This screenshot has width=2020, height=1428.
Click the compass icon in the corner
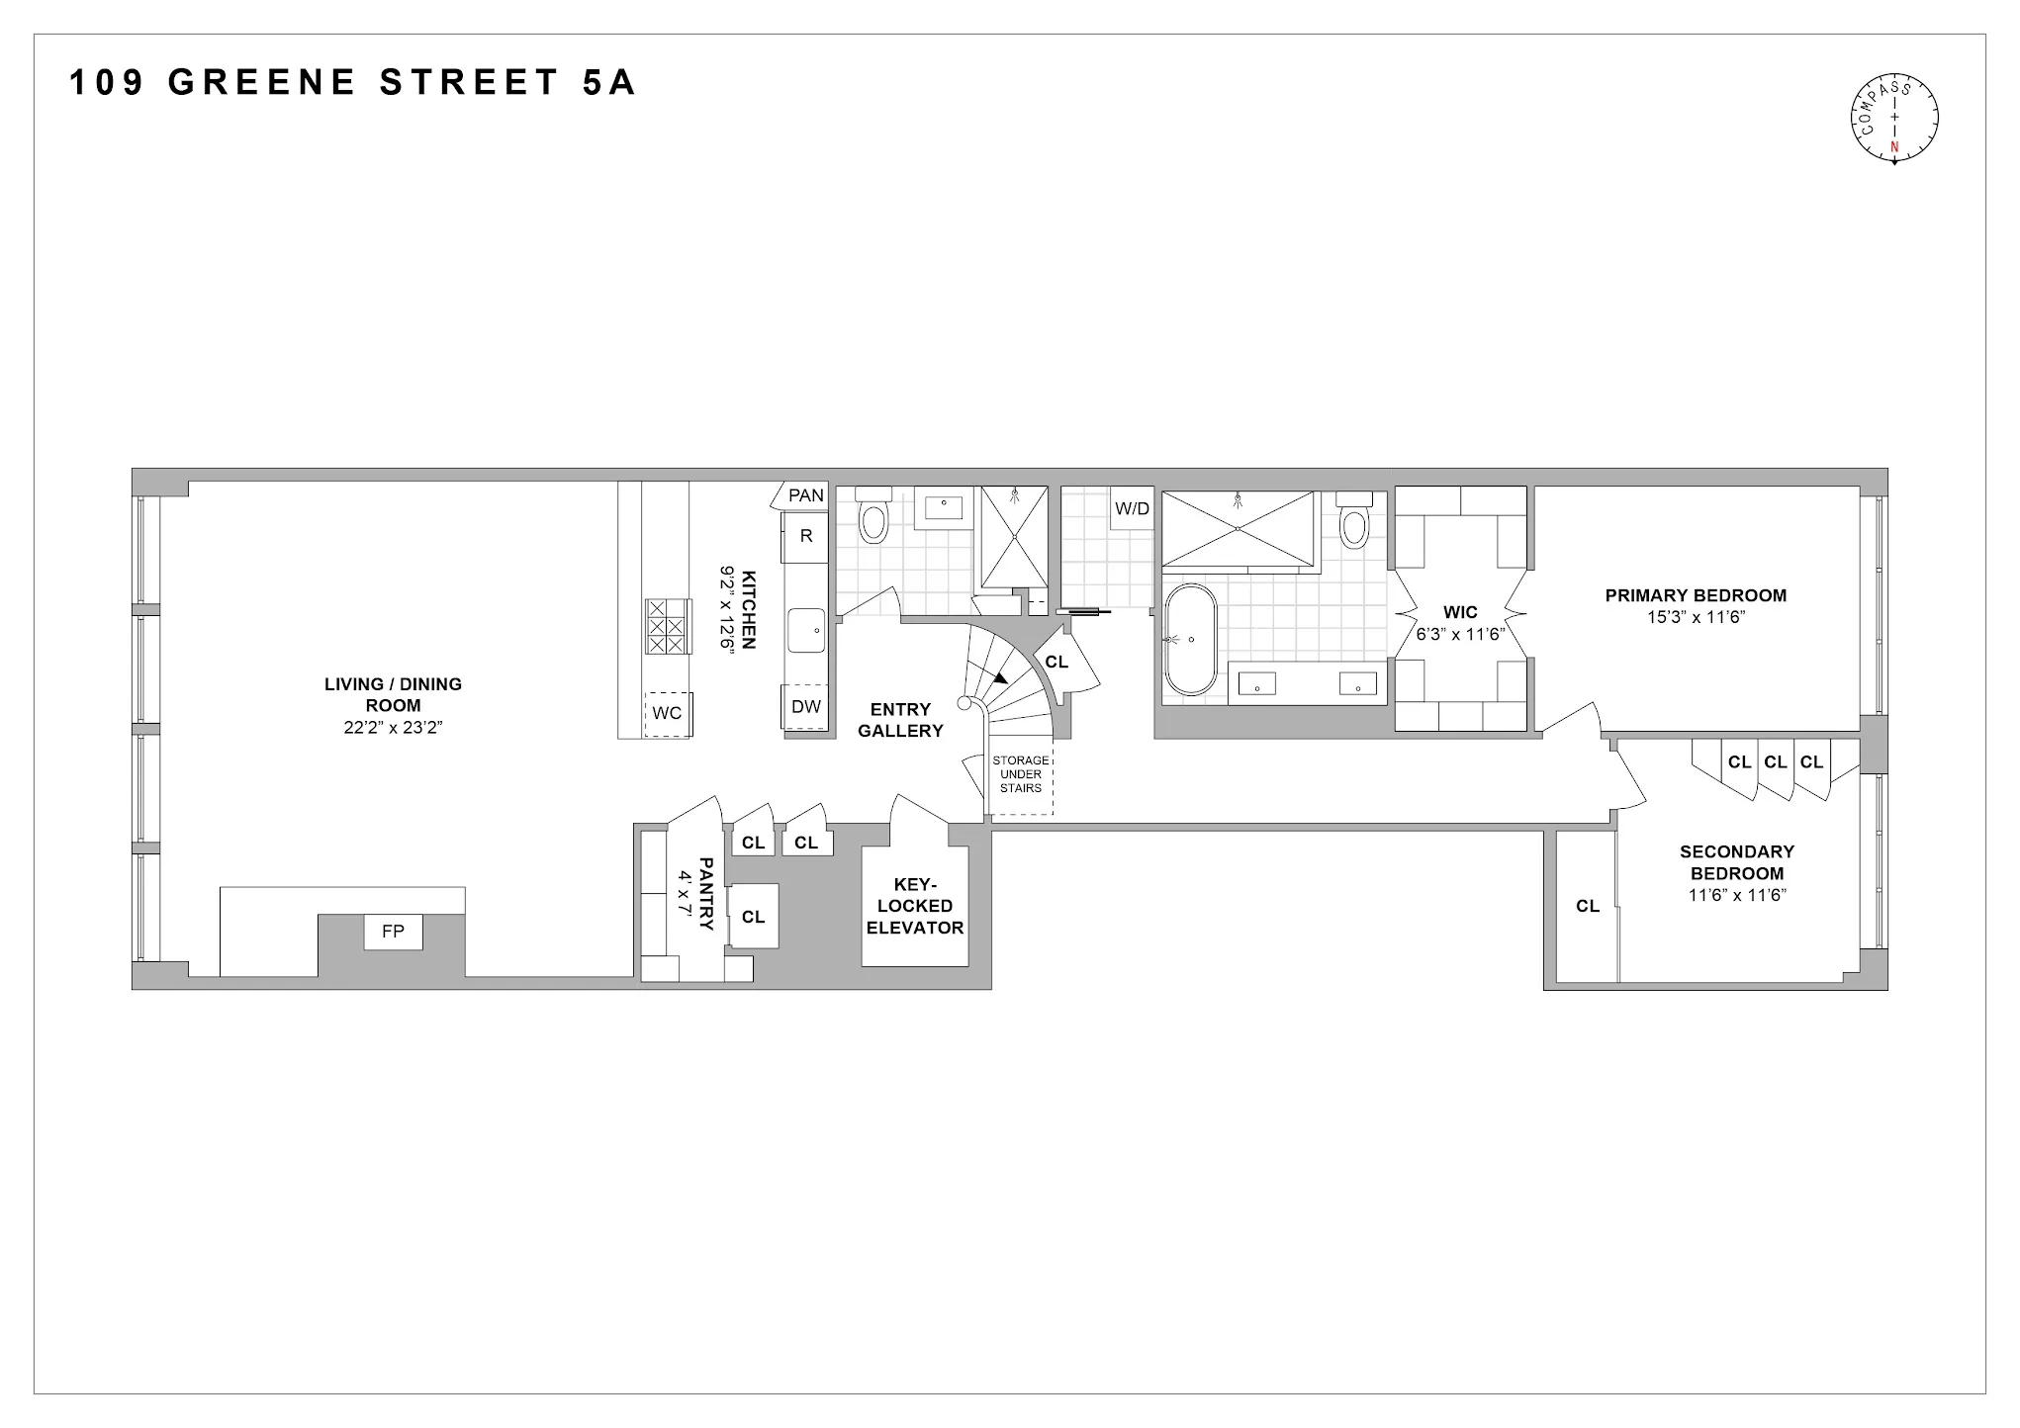1893,119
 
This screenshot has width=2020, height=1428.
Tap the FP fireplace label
393,932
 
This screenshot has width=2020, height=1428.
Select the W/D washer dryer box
1133,509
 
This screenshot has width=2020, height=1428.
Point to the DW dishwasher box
806,706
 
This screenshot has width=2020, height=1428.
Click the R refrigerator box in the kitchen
806,536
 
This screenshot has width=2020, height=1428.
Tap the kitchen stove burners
666,626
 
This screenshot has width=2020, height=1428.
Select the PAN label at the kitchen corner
806,495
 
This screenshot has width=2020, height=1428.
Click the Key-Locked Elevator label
914,906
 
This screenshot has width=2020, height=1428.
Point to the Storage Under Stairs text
1020,774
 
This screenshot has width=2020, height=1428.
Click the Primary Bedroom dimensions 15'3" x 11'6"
1695,617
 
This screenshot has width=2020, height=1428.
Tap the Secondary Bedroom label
1736,862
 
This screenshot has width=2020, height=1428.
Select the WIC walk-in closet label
1460,613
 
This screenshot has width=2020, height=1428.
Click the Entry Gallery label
900,720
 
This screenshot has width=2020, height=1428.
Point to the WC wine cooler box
667,713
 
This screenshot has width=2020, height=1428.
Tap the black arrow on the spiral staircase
1000,678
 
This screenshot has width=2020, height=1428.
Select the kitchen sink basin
806,630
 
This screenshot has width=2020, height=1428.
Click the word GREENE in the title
262,83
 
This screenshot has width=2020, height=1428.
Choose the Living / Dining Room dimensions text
393,728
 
